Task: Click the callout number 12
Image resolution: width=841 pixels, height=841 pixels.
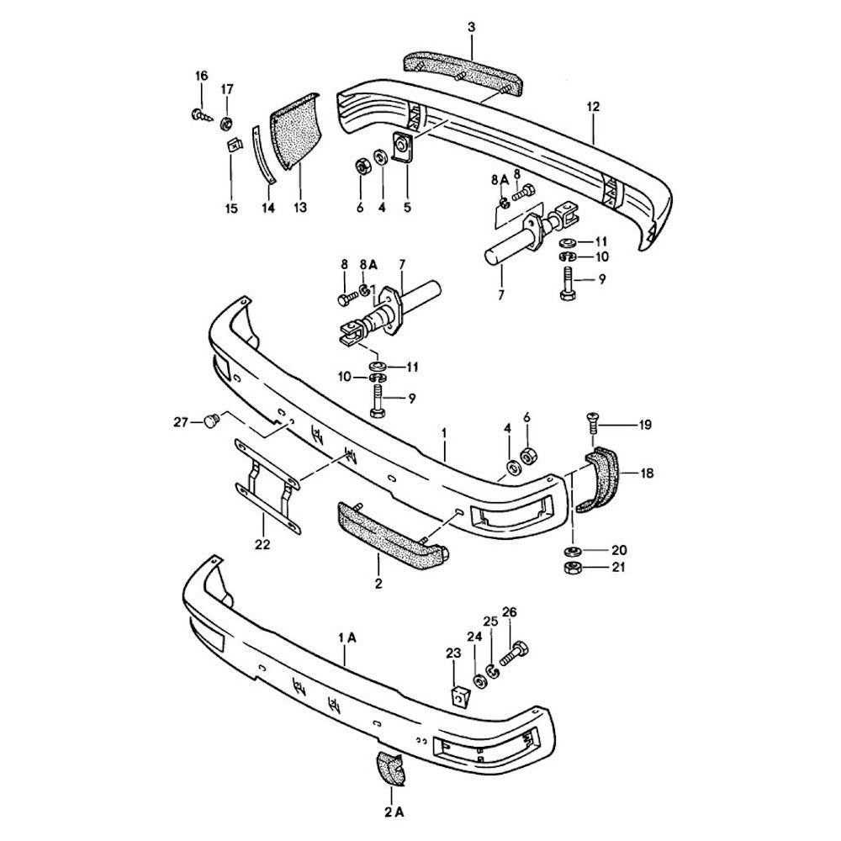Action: pyautogui.click(x=593, y=107)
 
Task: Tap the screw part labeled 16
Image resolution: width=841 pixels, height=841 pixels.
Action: pyautogui.click(x=198, y=114)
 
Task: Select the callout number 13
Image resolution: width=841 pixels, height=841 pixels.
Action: pyautogui.click(x=299, y=207)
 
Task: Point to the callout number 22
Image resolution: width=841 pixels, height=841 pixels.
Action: pyautogui.click(x=262, y=544)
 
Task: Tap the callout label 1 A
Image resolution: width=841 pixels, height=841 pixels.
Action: pyautogui.click(x=346, y=639)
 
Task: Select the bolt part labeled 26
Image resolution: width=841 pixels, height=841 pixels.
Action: pyautogui.click(x=514, y=653)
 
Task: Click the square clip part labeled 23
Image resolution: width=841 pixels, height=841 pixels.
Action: pyautogui.click(x=459, y=696)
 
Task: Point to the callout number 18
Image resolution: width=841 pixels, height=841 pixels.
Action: pyautogui.click(x=646, y=473)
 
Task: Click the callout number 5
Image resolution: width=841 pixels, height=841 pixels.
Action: pyautogui.click(x=408, y=207)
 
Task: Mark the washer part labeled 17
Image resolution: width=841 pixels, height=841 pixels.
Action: pyautogui.click(x=226, y=124)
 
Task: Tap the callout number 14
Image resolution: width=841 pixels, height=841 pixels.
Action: pyautogui.click(x=267, y=207)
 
